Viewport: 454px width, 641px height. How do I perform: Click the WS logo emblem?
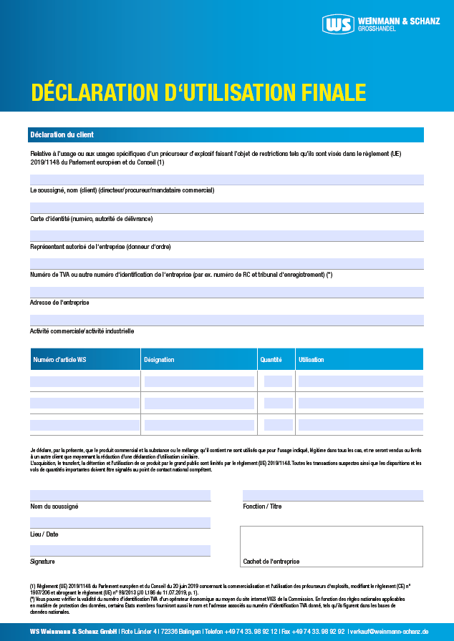tap(339, 24)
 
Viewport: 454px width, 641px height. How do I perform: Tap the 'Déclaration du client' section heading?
tap(62, 134)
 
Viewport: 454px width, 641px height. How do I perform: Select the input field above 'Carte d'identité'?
tap(226, 207)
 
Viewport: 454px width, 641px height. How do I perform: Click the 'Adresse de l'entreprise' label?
tap(59, 303)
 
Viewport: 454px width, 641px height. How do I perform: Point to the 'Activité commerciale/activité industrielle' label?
tap(82, 331)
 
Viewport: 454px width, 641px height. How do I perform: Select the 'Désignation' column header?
tap(159, 360)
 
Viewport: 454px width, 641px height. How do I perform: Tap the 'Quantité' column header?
tap(271, 360)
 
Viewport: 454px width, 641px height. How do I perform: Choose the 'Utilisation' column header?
tap(311, 360)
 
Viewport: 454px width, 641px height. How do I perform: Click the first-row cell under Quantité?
tap(278, 381)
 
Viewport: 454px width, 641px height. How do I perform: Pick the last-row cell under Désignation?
tap(199, 425)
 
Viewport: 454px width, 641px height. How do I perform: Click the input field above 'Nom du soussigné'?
tap(120, 495)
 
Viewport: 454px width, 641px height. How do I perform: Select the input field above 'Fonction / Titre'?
tap(333, 495)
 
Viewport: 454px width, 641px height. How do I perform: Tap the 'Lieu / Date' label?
tap(44, 534)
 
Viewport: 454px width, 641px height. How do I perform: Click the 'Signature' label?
tap(42, 562)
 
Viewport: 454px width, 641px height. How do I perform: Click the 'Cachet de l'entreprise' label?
tap(271, 562)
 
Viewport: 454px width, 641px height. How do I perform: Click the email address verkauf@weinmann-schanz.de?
tap(390, 632)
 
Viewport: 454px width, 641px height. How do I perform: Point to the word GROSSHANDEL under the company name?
tap(377, 29)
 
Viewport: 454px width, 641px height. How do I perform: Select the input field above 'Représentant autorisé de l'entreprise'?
tap(226, 235)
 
